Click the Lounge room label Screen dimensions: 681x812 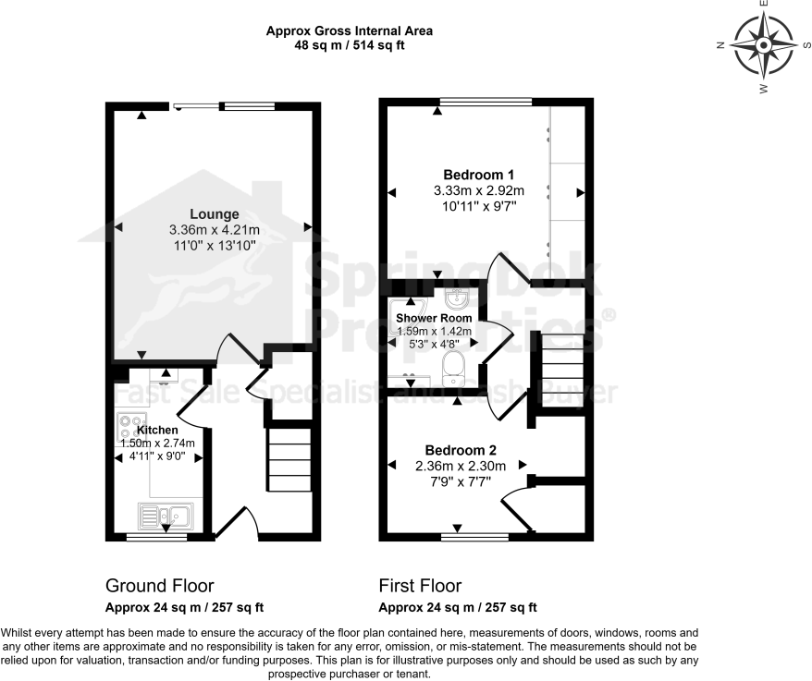click(x=214, y=214)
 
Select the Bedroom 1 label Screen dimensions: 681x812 click(x=478, y=175)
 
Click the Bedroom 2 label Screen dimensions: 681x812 click(x=456, y=451)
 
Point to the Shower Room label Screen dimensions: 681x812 click(x=434, y=318)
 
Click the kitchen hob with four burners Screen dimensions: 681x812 click(x=130, y=428)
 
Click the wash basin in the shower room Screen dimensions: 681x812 click(x=456, y=298)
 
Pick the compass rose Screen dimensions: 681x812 click(x=763, y=44)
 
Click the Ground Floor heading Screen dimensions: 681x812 click(x=159, y=586)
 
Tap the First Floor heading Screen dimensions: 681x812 click(x=420, y=586)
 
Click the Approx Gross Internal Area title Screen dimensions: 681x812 click(x=350, y=30)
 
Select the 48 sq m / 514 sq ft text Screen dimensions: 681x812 click(x=350, y=44)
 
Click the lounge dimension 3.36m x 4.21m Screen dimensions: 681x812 click(x=214, y=229)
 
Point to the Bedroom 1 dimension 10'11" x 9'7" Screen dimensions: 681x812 click(x=478, y=206)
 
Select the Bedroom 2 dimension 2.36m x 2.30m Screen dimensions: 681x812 click(x=456, y=467)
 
